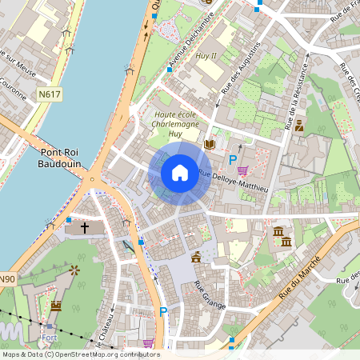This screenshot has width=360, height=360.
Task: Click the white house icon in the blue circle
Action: pos(180,172)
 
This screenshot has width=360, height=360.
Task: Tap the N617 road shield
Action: pos(50,94)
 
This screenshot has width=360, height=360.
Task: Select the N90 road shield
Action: pos(6,279)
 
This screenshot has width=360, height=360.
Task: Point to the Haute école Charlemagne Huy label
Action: pos(176,126)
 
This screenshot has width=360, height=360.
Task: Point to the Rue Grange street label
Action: pos(209,293)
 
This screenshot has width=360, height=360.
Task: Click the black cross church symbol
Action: pos(84,228)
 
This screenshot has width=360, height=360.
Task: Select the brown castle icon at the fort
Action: pos(56,306)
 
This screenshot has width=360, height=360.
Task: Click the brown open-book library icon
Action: pos(210,144)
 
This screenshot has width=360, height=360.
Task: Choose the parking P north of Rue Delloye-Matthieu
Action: pos(233,160)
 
